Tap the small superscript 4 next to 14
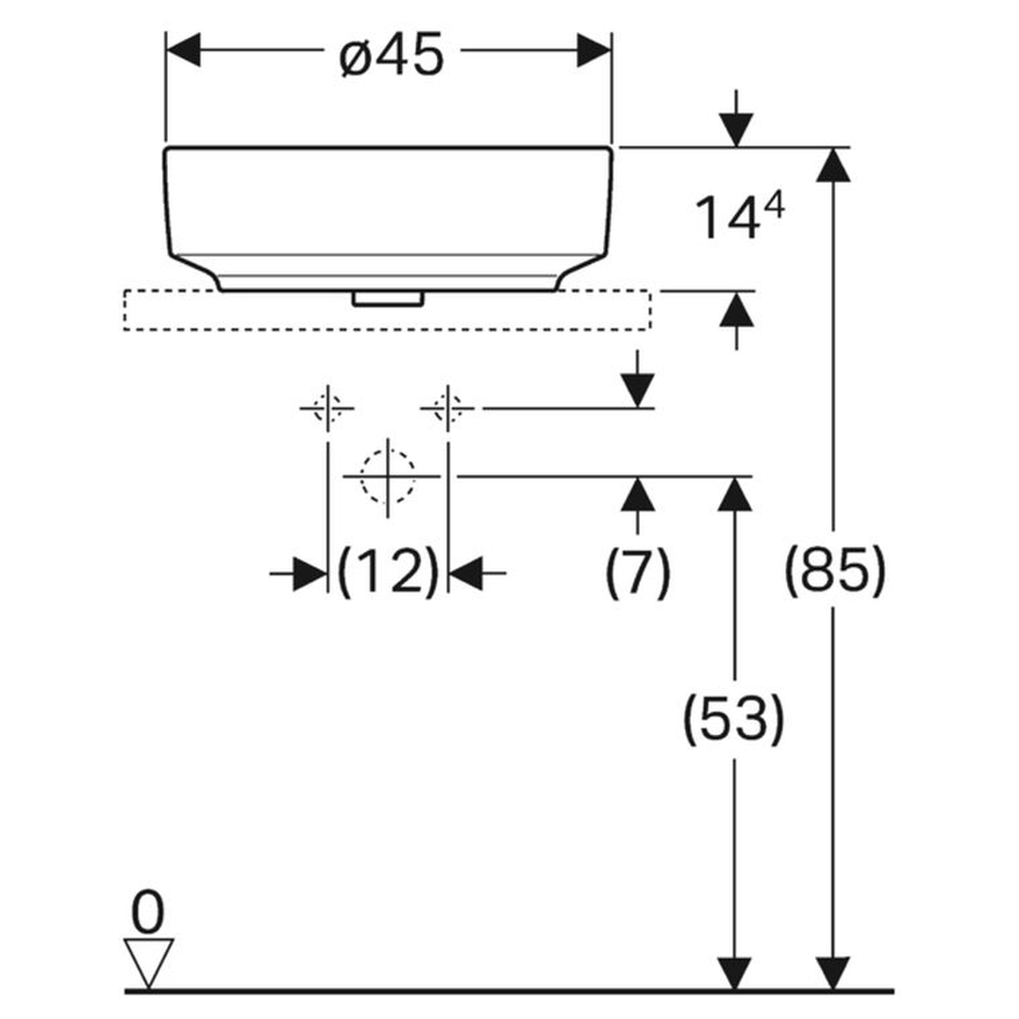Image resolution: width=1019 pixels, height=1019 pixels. [775, 207]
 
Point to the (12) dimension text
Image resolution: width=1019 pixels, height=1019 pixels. [388, 572]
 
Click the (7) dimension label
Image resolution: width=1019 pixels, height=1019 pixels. [638, 573]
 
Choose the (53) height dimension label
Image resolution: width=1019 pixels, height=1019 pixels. [734, 719]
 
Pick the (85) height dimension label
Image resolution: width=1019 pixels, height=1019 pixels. [834, 569]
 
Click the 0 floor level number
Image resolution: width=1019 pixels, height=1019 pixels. [147, 912]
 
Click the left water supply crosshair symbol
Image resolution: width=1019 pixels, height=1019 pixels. [326, 409]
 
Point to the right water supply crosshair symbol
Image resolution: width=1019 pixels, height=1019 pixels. [448, 409]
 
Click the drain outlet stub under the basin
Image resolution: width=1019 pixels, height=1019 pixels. [388, 298]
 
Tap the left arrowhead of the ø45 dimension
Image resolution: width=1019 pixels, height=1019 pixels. [183, 50]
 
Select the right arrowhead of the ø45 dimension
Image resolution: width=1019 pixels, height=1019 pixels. [594, 50]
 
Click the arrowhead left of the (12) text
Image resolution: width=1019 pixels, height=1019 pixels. [310, 574]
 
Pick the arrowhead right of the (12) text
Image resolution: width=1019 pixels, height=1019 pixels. [465, 574]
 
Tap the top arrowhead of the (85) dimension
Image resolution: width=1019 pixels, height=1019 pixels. [834, 165]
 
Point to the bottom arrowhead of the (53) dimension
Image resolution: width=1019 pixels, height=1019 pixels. [734, 974]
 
